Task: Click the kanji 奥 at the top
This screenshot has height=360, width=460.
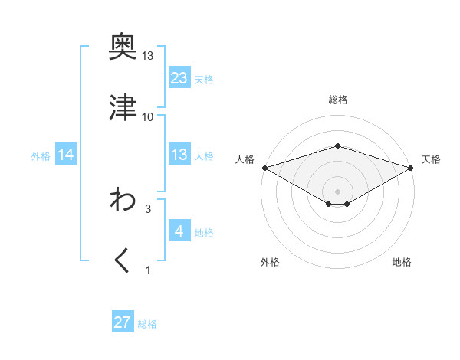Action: [x=123, y=47]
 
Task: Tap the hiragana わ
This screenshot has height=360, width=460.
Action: [x=123, y=200]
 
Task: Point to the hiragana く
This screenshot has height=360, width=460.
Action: [x=123, y=261]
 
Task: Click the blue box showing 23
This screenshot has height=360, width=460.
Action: [x=179, y=77]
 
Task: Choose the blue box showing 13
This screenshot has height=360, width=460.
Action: [x=179, y=155]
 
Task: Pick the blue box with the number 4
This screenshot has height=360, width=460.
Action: [x=179, y=231]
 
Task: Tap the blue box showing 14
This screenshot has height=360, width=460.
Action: [x=66, y=155]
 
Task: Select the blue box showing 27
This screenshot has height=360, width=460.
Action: [x=123, y=322]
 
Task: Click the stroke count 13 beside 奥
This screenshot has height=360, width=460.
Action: [x=148, y=56]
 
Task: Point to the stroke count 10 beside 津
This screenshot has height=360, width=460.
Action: [x=148, y=116]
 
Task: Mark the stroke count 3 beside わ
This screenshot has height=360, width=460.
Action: [x=148, y=208]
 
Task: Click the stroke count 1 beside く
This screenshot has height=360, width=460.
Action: [x=148, y=270]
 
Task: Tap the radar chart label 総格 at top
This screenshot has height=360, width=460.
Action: [x=337, y=100]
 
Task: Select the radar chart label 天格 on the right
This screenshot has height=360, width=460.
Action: [x=431, y=159]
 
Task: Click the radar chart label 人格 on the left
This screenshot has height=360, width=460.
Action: [x=245, y=159]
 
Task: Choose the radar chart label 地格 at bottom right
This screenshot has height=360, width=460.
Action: [x=402, y=262]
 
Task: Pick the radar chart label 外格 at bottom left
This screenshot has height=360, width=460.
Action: [x=270, y=262]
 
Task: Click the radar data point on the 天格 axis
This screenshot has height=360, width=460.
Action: [x=410, y=167]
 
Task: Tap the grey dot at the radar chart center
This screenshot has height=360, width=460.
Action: [x=337, y=191]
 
